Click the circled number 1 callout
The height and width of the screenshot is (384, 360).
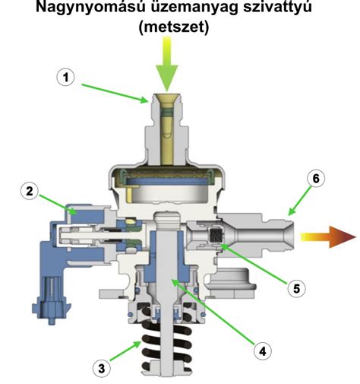65,78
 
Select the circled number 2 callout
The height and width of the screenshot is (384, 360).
30,191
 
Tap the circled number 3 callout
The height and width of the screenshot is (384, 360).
102,368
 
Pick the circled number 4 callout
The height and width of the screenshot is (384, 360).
263,351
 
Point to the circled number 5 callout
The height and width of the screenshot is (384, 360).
296,288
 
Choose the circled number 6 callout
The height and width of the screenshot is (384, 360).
316,179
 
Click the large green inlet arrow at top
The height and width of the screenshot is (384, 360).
167,64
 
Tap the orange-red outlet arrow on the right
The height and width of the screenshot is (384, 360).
328,237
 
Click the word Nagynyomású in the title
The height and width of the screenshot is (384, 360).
90,8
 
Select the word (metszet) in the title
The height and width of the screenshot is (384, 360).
174,27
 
